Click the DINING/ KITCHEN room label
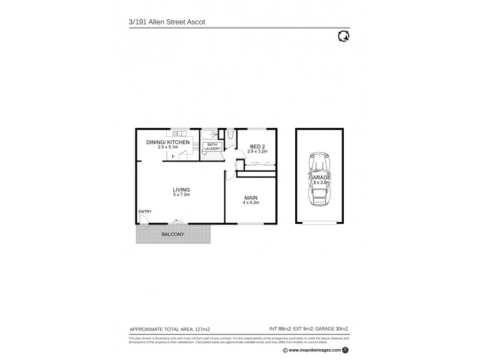[169, 142]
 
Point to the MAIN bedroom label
[251, 198]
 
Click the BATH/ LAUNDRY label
[212, 146]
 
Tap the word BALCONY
[172, 234]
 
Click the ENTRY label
[145, 212]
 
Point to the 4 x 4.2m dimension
[251, 203]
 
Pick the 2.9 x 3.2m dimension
[256, 151]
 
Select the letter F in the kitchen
[173, 157]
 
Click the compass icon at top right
[345, 37]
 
